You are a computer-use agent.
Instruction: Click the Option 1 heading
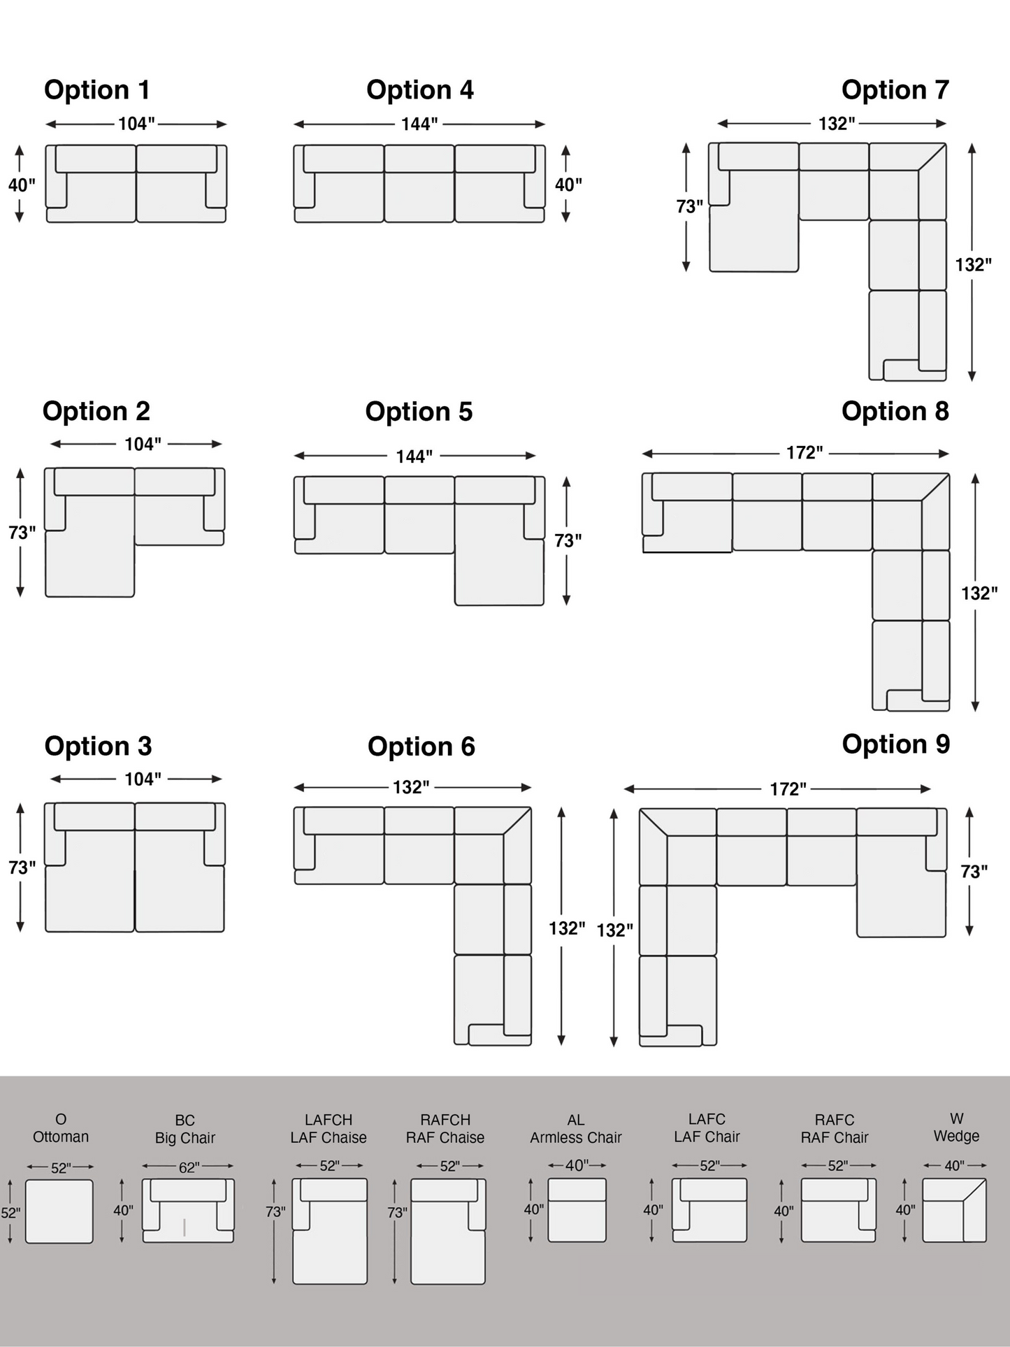97,90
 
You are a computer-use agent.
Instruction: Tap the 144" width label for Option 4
419,124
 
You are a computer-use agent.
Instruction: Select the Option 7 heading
895,90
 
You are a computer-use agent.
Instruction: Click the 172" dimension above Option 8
805,453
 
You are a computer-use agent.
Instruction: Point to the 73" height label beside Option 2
22,533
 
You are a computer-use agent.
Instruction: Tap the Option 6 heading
421,747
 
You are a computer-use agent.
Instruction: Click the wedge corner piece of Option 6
493,844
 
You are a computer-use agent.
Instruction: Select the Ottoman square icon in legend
59,1211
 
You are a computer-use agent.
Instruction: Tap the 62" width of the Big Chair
189,1167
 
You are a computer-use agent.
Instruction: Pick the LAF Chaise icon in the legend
329,1231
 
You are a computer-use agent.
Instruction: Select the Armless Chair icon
577,1210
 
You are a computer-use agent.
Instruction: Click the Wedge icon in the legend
954,1210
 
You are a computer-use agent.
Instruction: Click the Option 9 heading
895,744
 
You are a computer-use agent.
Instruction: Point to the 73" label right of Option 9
974,872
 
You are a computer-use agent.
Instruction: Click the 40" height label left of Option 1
22,185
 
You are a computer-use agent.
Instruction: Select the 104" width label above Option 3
143,779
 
